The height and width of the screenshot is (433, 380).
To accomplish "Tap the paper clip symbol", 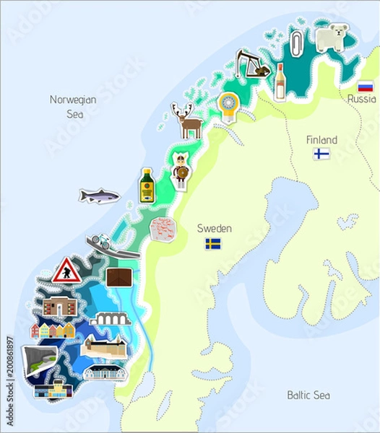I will click(x=296, y=44).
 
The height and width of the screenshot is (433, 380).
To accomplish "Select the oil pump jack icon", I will click(x=252, y=63).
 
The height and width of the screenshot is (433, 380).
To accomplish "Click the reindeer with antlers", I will click(x=189, y=120).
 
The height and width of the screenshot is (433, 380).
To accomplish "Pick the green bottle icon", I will click(x=147, y=185).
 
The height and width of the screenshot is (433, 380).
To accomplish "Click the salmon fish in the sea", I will click(x=99, y=196).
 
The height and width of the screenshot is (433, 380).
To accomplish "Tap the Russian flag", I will click(x=365, y=86).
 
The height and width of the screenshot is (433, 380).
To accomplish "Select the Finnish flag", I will click(x=321, y=154).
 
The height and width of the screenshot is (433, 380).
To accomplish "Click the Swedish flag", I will click(x=213, y=244).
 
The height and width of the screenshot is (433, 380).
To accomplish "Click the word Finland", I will click(x=321, y=139).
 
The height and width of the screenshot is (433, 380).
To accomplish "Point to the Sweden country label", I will click(x=215, y=229).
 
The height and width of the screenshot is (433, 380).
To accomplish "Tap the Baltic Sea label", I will click(x=308, y=395).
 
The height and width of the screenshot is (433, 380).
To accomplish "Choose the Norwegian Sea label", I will click(x=73, y=106).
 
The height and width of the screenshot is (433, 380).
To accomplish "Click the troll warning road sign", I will click(x=66, y=271).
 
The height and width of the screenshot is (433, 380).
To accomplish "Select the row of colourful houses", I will click(x=52, y=331).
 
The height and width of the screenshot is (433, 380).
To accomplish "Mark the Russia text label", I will click(x=361, y=99).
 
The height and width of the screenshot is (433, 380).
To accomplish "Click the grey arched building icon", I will click(x=111, y=319).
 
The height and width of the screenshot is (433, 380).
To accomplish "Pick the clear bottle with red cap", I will click(x=280, y=81).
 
